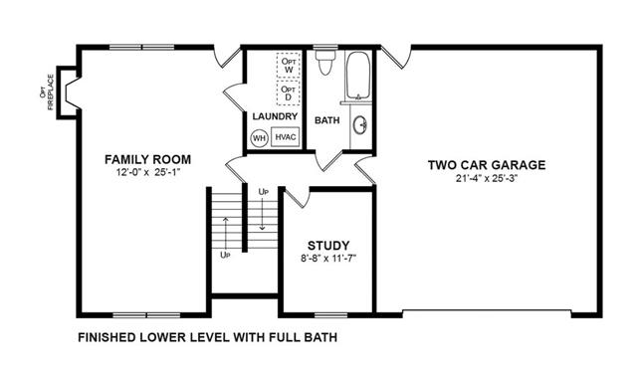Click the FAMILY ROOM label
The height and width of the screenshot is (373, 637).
point(148,159)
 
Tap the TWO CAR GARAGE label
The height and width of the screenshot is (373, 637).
point(487,165)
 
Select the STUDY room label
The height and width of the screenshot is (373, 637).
point(328,246)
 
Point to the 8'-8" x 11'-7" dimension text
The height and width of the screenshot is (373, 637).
point(328,259)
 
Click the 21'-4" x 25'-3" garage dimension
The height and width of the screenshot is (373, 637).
point(487,178)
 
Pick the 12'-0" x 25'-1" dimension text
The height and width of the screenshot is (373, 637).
point(148,172)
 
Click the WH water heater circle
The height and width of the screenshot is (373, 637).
point(259,138)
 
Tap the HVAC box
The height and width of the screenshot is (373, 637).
point(286,137)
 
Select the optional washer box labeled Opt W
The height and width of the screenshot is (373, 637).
point(289,65)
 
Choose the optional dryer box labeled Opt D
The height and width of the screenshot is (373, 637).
point(289,93)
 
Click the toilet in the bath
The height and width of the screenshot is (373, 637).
point(325,61)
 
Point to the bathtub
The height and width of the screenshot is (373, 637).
point(358,75)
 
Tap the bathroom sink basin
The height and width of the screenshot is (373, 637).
point(360,125)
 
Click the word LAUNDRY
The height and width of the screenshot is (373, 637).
point(275,116)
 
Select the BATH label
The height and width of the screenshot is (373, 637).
point(327,120)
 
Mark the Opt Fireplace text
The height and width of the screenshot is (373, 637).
point(47,93)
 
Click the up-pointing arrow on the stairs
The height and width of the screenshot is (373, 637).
point(226,233)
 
